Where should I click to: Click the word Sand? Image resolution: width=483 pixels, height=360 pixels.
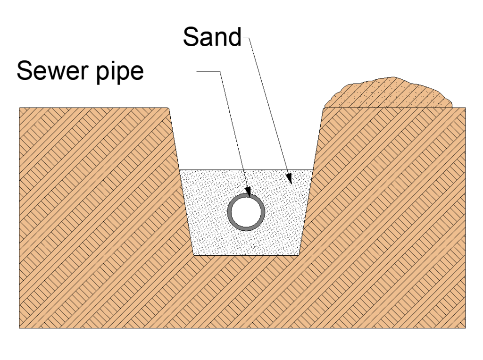212,37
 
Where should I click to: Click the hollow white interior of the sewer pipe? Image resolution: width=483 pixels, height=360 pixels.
246,212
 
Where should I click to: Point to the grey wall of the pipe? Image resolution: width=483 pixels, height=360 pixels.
230,212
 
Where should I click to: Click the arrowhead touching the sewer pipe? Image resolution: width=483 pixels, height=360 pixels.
248,193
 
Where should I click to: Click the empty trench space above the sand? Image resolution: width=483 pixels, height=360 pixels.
245,142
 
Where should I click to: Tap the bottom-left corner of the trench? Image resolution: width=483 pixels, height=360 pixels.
194,255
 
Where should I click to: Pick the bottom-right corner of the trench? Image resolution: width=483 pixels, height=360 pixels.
299,255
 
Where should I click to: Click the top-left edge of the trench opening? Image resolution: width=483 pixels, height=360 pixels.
169,108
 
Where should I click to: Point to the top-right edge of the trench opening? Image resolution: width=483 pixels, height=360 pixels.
323,108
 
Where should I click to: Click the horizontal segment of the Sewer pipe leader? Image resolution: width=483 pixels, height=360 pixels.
208,72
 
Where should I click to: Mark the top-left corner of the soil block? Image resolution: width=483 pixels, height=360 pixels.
19,108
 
